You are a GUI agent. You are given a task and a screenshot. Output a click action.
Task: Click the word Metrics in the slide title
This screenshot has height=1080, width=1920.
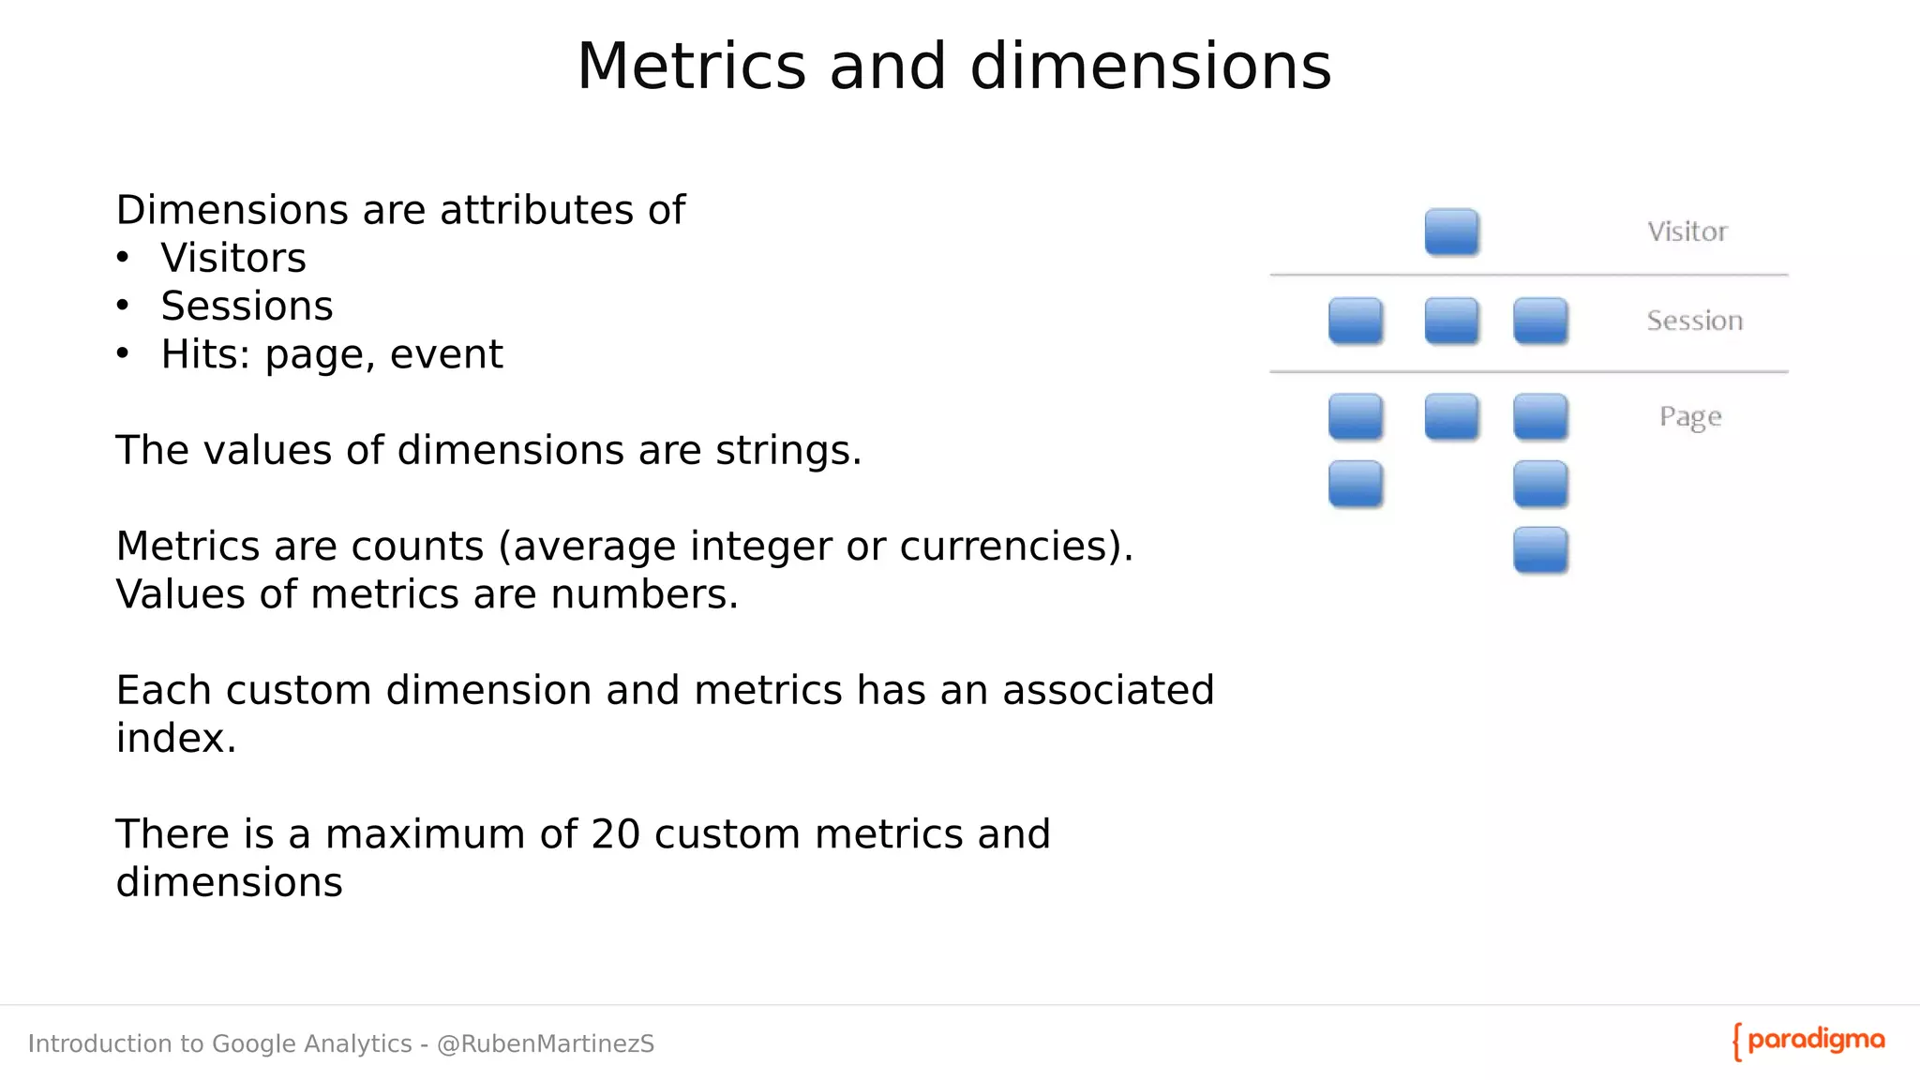tap(691, 67)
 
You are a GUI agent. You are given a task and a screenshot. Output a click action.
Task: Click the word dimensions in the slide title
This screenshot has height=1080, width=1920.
tap(1150, 67)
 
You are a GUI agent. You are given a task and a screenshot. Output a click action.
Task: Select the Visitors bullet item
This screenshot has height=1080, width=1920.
tap(233, 258)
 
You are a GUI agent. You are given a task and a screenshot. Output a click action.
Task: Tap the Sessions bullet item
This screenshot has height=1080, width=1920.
tap(247, 307)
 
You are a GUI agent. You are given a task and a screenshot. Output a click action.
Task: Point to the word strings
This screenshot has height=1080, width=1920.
tap(787, 451)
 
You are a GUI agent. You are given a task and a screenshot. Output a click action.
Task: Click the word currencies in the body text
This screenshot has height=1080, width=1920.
tap(1005, 547)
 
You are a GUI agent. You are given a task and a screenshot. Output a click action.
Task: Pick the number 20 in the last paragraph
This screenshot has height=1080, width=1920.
tap(615, 834)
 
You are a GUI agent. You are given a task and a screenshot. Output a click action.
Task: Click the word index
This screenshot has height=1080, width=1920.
tap(175, 739)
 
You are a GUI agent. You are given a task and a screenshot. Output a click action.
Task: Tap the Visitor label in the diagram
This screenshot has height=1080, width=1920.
tap(1687, 232)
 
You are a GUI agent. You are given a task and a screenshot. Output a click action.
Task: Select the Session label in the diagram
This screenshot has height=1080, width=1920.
tap(1694, 321)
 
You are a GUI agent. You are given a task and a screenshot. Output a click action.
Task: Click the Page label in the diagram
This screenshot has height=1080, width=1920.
tap(1690, 416)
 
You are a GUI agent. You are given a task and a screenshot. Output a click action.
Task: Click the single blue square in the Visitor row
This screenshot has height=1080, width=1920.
tap(1451, 232)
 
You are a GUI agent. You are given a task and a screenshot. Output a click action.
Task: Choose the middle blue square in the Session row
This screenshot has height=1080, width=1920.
tap(1451, 321)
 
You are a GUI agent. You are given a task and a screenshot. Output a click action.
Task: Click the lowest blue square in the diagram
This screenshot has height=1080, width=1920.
tap(1540, 550)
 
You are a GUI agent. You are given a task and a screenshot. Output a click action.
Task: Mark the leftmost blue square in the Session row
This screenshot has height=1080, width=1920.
tap(1356, 321)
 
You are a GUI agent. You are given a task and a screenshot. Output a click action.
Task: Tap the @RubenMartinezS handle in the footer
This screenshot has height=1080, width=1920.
tap(546, 1044)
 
